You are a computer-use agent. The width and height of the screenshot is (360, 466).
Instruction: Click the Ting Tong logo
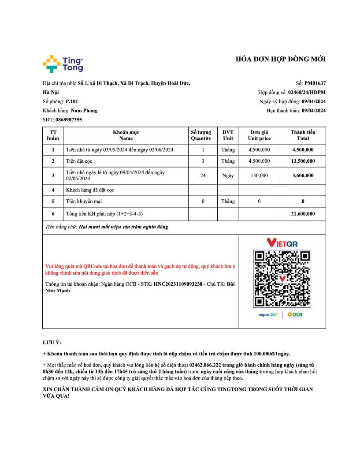pos(63,63)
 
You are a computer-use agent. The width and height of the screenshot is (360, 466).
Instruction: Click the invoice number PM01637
pos(315,83)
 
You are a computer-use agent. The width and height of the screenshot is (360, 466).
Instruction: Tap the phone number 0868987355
pos(69,119)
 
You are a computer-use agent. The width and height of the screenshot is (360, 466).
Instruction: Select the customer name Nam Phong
pos(84,111)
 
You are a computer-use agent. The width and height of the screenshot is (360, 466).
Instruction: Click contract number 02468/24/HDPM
pos(307,92)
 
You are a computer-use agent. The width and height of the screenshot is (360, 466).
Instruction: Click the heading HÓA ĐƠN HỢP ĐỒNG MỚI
pos(281,60)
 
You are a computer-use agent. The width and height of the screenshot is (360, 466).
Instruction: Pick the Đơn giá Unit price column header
pos(259,135)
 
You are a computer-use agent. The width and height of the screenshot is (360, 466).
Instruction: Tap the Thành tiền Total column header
pos(303,135)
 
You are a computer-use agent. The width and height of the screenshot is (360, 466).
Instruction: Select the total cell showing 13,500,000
pos(303,161)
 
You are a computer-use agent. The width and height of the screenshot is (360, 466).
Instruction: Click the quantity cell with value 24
pos(203,175)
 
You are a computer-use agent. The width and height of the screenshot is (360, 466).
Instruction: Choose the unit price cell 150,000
pos(259,175)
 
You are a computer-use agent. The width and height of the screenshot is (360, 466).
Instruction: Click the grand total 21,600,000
pos(303,214)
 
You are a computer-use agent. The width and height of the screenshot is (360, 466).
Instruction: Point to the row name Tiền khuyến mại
pos(84,201)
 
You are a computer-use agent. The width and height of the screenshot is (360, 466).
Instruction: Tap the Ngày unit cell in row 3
pos(228,175)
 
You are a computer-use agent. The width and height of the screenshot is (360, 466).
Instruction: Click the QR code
pos(282,279)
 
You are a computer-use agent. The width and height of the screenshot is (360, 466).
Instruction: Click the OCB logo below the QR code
pos(295,314)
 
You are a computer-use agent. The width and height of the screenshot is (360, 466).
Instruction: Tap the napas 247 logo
pos(267,314)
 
